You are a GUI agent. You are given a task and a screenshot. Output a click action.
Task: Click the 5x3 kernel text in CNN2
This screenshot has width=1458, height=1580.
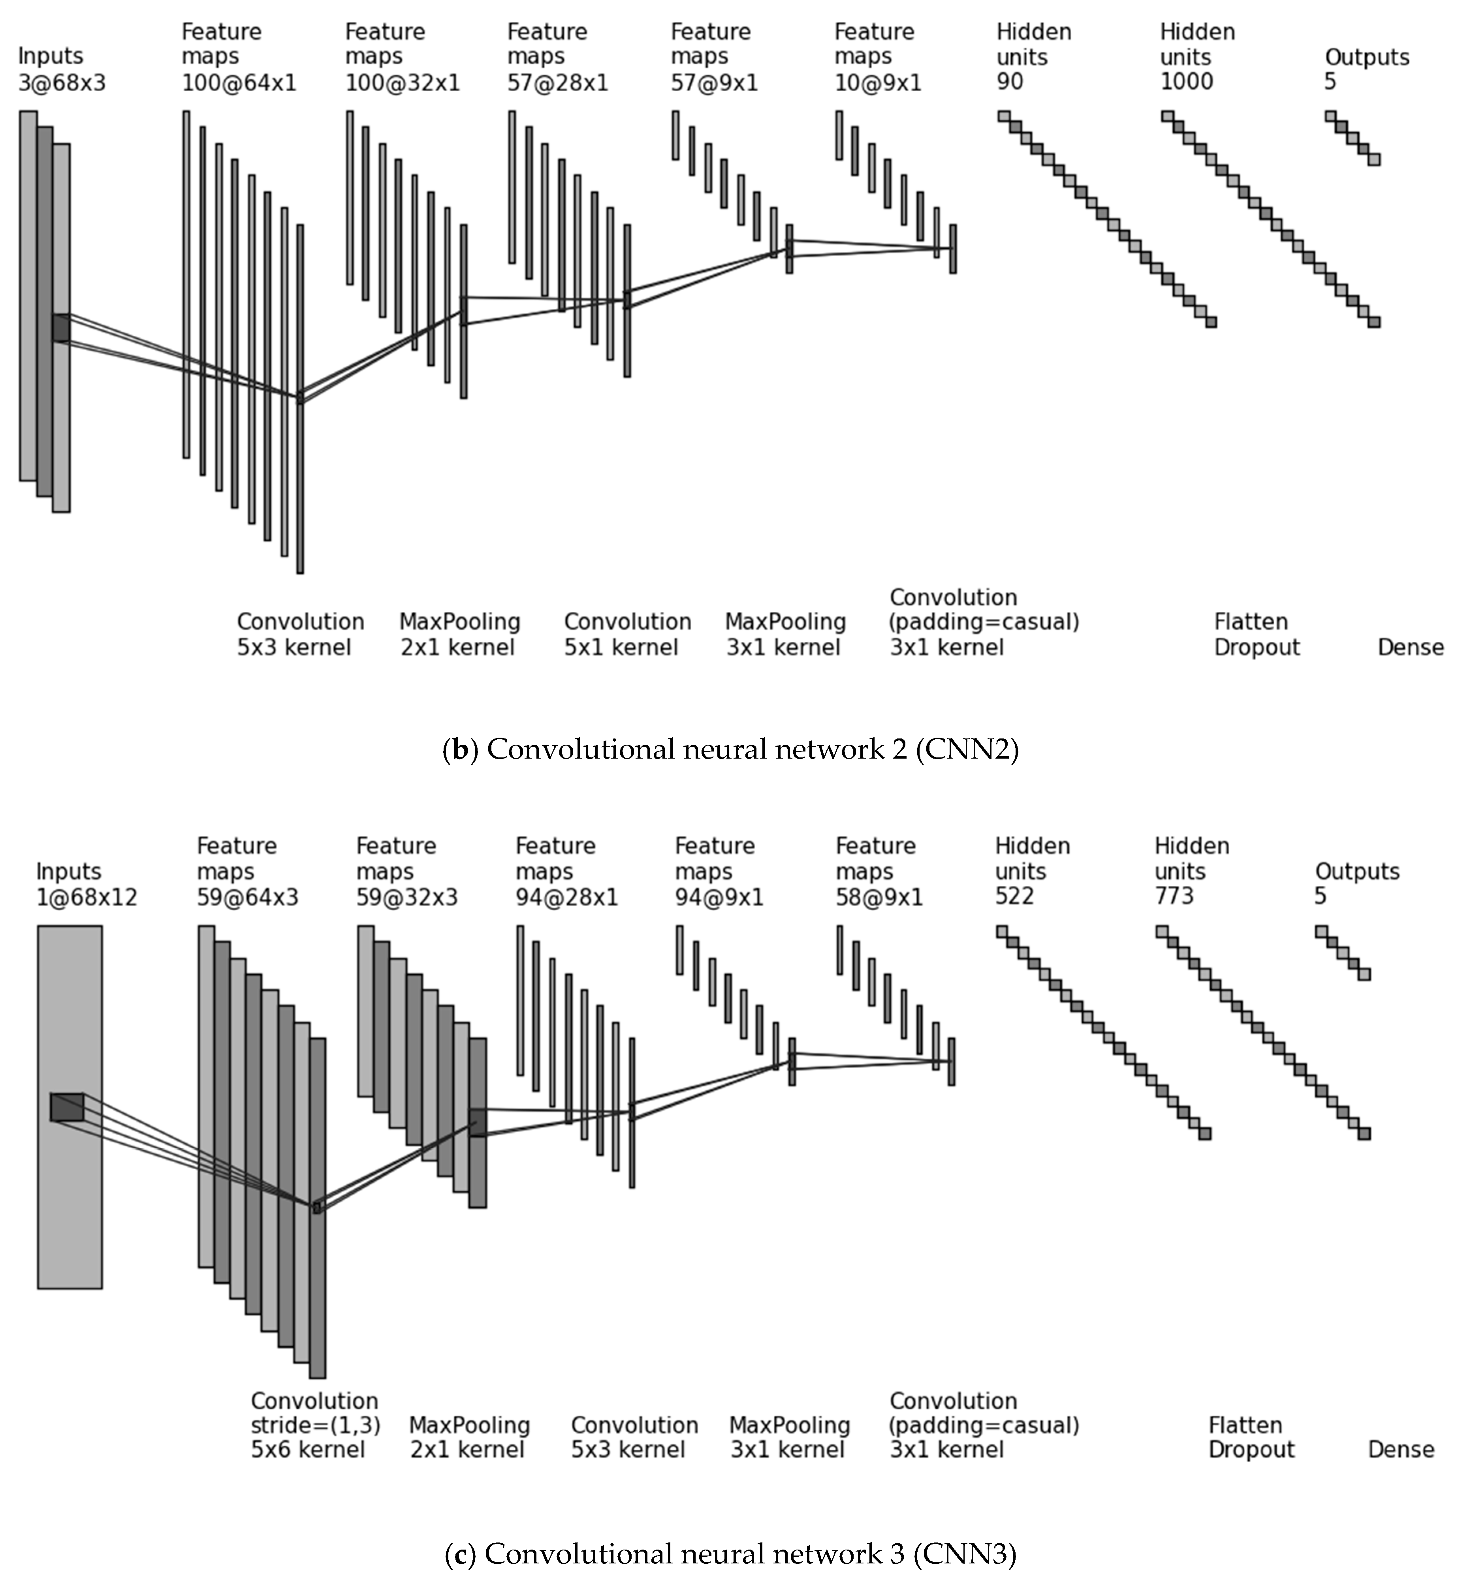tap(293, 648)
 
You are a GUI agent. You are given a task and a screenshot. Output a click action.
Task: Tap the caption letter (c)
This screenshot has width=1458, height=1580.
tap(455, 1554)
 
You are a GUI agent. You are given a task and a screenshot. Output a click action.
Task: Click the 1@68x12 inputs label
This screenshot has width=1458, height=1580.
tap(87, 897)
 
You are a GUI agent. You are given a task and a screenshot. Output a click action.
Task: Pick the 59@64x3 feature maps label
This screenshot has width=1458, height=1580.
tap(248, 897)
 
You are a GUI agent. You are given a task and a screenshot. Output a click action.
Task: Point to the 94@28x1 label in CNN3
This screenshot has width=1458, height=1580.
tap(566, 897)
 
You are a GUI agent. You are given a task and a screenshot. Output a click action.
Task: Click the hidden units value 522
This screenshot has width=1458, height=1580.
tap(1015, 895)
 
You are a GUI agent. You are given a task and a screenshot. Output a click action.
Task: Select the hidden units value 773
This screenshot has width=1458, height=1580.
tap(1174, 895)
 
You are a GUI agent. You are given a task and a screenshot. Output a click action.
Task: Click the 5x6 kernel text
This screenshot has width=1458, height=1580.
tap(308, 1449)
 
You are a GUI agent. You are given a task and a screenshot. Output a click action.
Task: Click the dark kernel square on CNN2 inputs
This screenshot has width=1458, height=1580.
tap(61, 327)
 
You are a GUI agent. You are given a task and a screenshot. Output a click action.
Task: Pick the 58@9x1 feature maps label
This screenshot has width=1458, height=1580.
tap(879, 897)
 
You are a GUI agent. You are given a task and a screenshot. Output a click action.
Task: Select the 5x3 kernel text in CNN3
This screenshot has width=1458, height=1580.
tap(628, 1449)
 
